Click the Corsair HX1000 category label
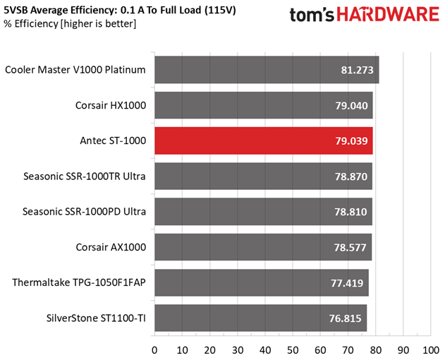(x=111, y=105)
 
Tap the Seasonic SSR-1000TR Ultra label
(x=84, y=176)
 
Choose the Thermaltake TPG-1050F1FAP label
(x=79, y=282)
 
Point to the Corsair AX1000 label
(x=111, y=247)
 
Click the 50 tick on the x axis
(x=293, y=349)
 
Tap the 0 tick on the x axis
(x=154, y=349)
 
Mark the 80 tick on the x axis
(x=375, y=349)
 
